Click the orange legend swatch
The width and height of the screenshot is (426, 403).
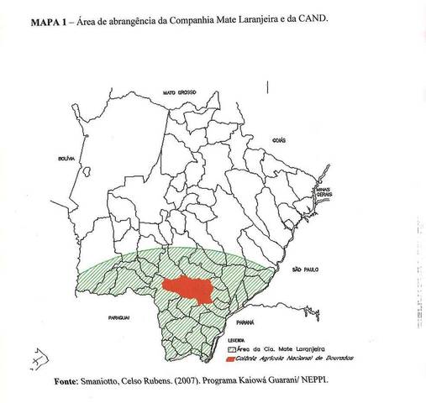click(233, 358)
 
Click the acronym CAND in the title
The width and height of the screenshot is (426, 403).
click(313, 18)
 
